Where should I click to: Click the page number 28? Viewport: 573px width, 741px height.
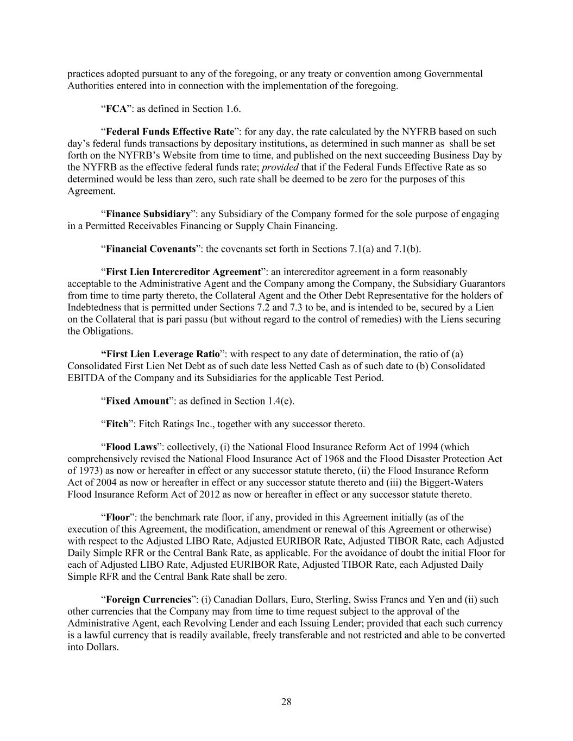[286, 702]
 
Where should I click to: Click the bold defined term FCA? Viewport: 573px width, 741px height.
[116, 109]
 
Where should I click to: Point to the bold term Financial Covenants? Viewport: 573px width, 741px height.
[150, 249]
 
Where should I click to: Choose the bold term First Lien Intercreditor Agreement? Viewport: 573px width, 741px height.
[183, 271]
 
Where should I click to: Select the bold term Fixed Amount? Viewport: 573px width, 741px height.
[137, 401]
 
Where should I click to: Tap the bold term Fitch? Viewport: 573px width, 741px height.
[117, 423]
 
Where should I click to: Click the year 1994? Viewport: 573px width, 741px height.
[429, 447]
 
